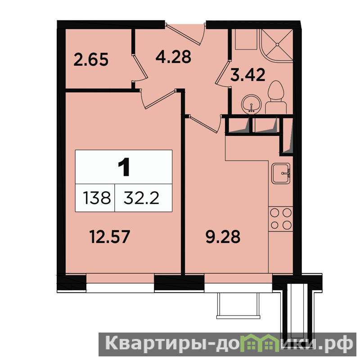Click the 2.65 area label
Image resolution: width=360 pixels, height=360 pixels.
tap(91, 60)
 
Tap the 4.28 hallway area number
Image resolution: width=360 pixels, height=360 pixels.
tap(173, 57)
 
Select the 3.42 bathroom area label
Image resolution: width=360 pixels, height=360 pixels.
tap(248, 75)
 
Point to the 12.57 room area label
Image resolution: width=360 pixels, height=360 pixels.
tap(110, 237)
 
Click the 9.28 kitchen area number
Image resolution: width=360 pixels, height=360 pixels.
tap(223, 237)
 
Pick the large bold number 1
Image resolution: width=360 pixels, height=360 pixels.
tap(124, 168)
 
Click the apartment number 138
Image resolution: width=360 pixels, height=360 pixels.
tap(97, 198)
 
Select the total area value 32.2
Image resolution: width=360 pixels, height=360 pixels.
tap(141, 198)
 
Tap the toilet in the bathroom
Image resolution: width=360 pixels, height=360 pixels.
tap(276, 97)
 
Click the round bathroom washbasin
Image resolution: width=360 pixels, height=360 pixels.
tap(252, 104)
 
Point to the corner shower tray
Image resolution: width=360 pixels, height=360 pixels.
tap(276, 46)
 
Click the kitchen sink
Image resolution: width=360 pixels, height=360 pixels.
tap(281, 173)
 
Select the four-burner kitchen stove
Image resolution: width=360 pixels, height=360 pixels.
tap(281, 219)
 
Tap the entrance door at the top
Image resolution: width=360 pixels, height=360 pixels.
tap(185, 33)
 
